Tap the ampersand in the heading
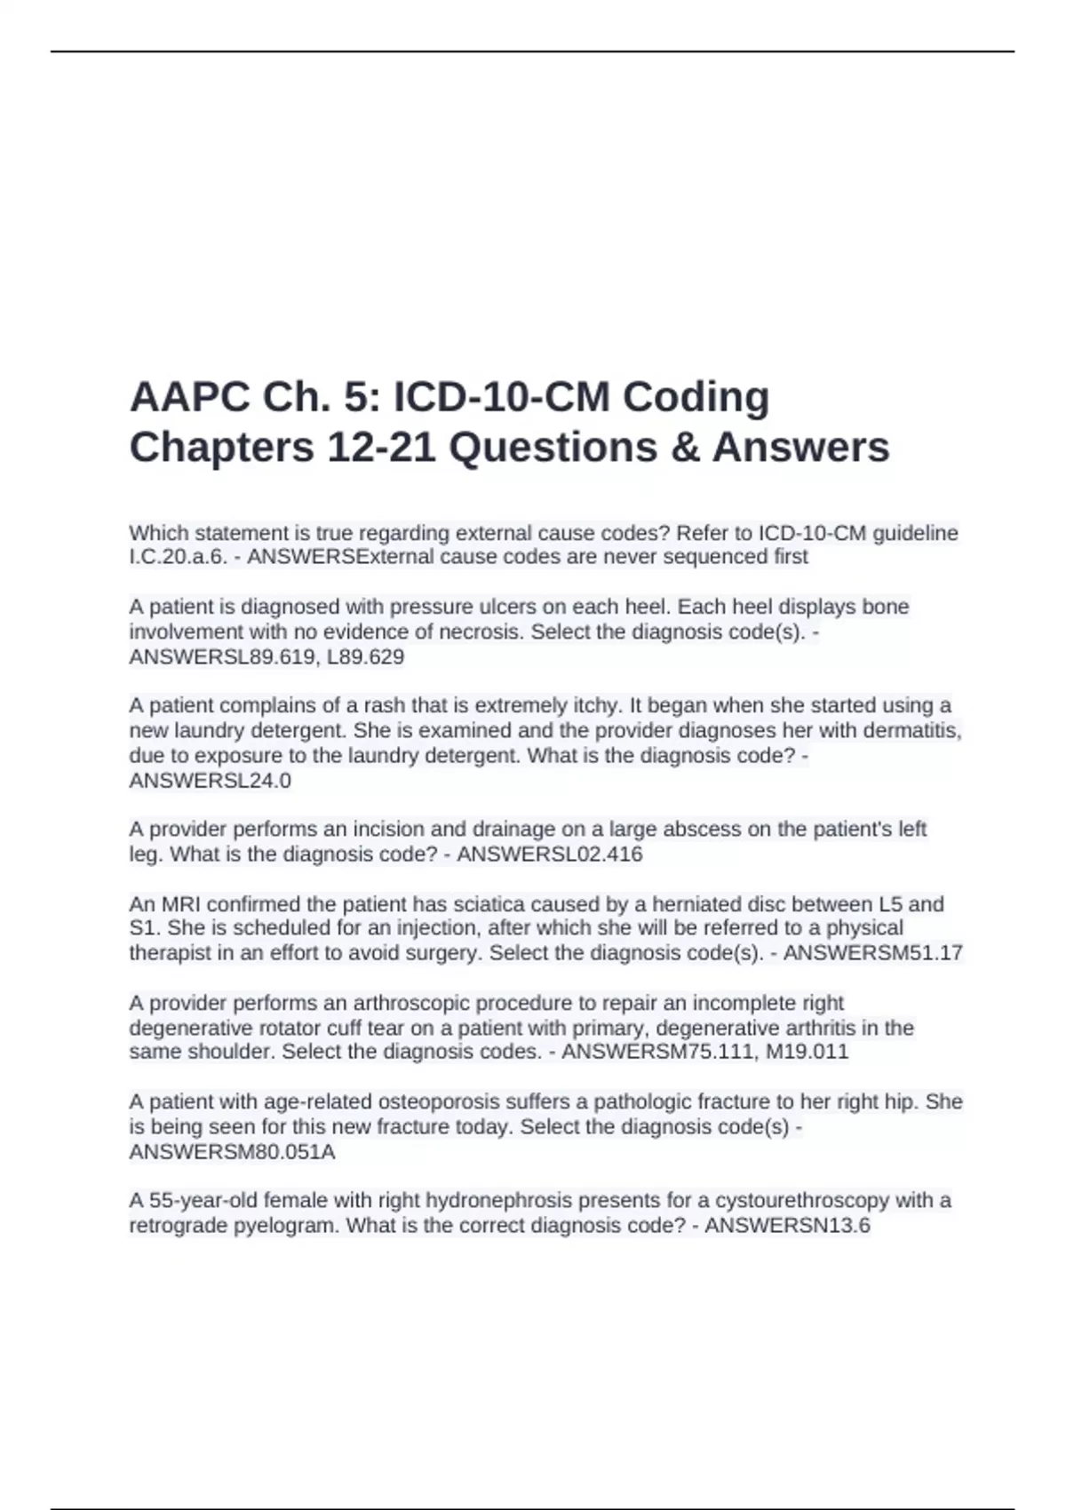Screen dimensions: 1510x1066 click(685, 447)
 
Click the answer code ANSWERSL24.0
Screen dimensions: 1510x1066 click(210, 781)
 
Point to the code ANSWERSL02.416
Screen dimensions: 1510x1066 click(549, 854)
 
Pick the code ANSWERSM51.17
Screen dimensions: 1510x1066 click(872, 953)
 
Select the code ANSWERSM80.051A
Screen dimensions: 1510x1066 click(232, 1152)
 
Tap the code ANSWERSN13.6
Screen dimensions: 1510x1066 click(787, 1226)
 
